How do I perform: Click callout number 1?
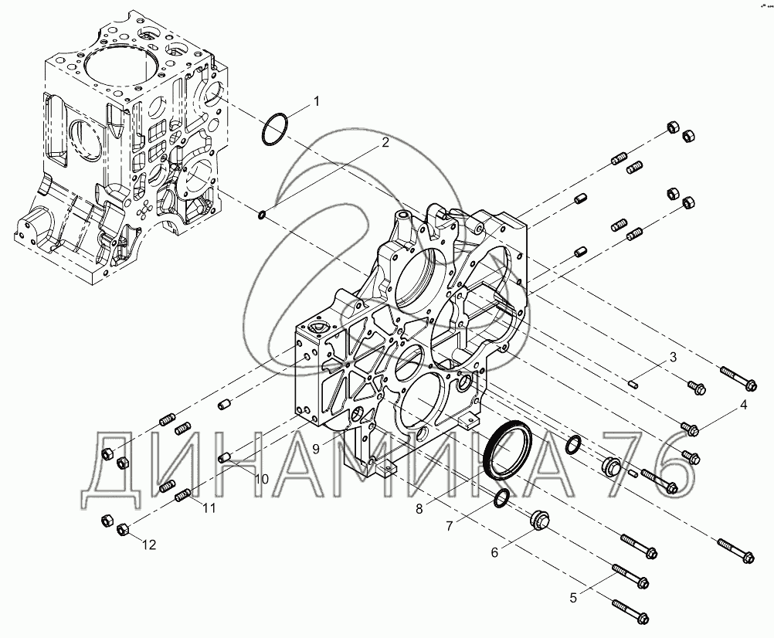pyautogui.click(x=317, y=101)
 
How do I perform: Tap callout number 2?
pyautogui.click(x=385, y=143)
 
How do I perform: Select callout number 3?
pyautogui.click(x=673, y=358)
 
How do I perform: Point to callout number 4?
pyautogui.click(x=743, y=406)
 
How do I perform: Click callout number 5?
pyautogui.click(x=573, y=598)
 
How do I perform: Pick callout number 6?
pyautogui.click(x=494, y=552)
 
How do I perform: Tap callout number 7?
pyautogui.click(x=450, y=527)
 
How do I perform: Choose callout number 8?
pyautogui.click(x=419, y=509)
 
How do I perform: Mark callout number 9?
pyautogui.click(x=316, y=448)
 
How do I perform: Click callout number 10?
pyautogui.click(x=262, y=479)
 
